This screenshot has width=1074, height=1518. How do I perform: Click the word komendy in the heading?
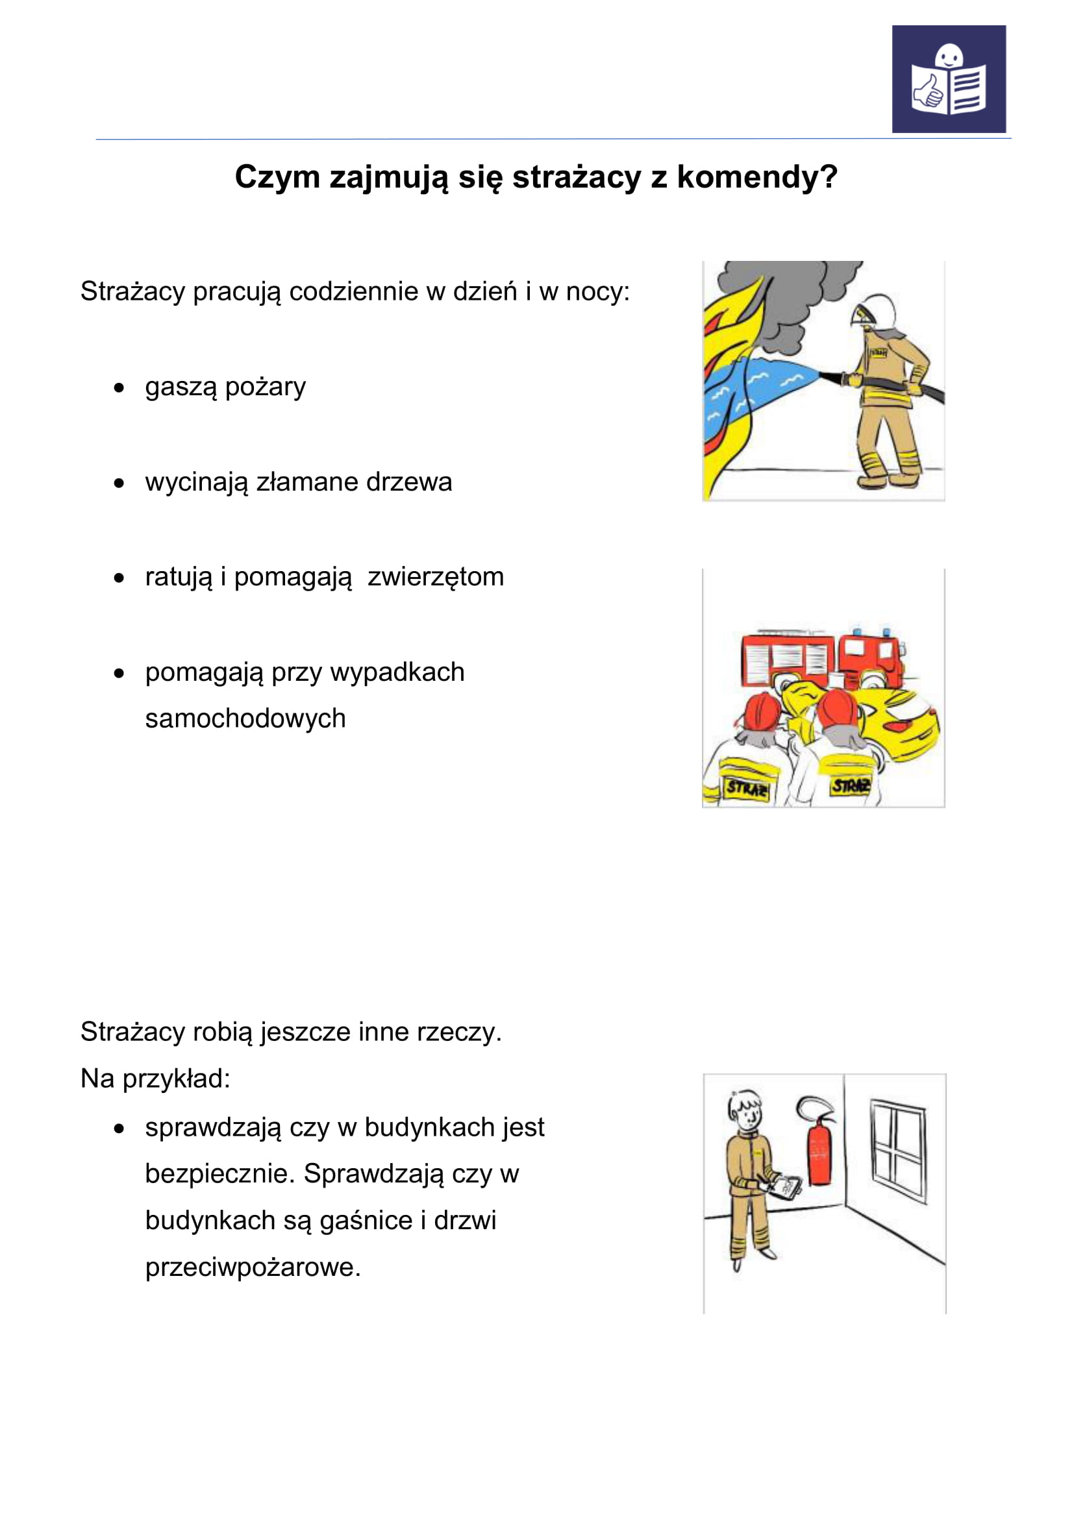756,177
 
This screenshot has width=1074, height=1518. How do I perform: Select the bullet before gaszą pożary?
119,388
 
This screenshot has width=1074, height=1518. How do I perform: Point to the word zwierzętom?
436,577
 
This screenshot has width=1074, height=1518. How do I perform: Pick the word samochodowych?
245,718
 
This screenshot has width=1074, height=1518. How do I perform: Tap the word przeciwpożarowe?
253,1267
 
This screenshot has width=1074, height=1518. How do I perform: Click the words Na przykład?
155,1079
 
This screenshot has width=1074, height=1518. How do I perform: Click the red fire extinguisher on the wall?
820,1151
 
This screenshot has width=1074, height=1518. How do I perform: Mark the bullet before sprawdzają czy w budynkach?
119,1129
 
